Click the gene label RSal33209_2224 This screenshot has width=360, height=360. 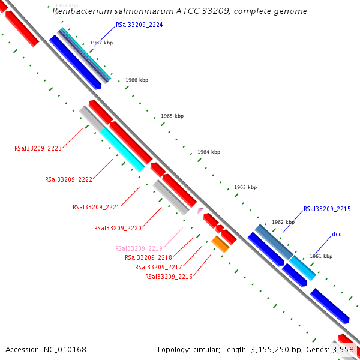[x=139, y=25]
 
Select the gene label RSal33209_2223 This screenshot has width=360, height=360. [x=38, y=148]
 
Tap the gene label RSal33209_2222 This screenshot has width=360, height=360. [x=68, y=179]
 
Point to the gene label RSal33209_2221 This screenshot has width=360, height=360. [x=96, y=207]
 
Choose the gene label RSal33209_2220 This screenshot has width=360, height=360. [x=118, y=228]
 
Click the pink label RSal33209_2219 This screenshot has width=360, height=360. [x=139, y=248]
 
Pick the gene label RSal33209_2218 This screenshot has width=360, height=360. [x=148, y=257]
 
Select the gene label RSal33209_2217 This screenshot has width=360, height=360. [x=158, y=267]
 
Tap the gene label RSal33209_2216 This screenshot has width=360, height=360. [x=169, y=277]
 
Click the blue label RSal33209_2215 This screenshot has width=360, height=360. [x=327, y=209]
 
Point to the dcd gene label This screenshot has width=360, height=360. [x=337, y=234]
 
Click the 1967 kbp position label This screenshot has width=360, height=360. [x=101, y=43]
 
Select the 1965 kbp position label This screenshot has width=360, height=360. [x=172, y=116]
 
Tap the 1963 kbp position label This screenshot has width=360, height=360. [x=245, y=188]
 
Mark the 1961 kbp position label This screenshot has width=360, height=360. [x=321, y=256]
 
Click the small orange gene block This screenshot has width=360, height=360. [x=220, y=244]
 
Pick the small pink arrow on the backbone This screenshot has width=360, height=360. [x=200, y=211]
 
